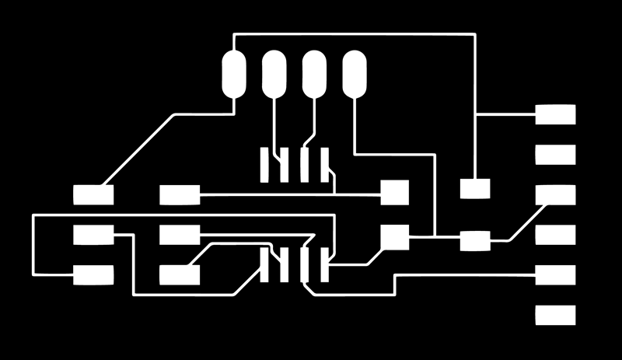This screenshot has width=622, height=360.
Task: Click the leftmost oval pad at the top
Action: coord(234,74)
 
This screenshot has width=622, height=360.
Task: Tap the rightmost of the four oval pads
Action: coord(355,74)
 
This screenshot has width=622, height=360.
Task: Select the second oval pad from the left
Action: coord(274,74)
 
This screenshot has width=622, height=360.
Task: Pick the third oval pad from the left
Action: coord(314,74)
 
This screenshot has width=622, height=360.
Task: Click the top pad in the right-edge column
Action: coord(556,114)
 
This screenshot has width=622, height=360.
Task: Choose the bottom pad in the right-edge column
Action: coord(556,315)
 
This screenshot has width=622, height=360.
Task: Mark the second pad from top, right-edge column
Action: coord(556,155)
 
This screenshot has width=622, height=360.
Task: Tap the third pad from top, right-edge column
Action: coord(556,194)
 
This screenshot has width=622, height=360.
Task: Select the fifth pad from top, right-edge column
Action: coord(556,274)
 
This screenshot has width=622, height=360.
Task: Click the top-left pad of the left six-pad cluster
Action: coord(93,194)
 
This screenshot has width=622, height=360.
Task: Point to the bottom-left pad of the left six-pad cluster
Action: coord(93,274)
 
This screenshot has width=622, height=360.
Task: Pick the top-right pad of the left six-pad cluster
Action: coord(180,194)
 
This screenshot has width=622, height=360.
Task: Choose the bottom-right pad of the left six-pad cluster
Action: coord(180,274)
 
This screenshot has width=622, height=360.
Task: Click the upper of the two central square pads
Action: coord(394,192)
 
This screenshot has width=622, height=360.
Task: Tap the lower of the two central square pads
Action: coord(394,237)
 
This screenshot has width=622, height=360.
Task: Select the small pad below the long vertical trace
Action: coord(474,188)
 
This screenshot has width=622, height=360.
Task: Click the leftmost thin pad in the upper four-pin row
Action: coord(265,164)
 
